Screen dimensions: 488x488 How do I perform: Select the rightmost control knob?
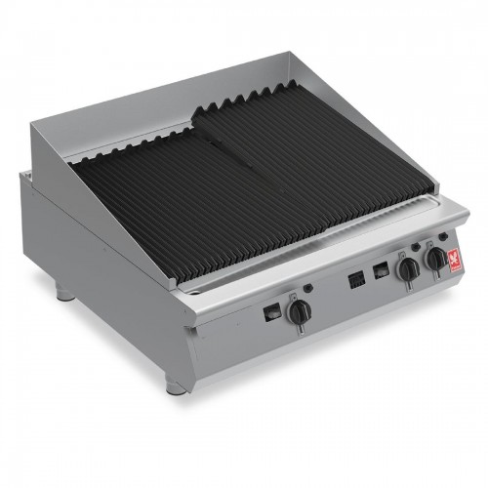(x=432, y=259)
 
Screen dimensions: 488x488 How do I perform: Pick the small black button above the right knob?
(x=443, y=236)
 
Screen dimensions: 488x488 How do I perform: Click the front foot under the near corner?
(x=176, y=386)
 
